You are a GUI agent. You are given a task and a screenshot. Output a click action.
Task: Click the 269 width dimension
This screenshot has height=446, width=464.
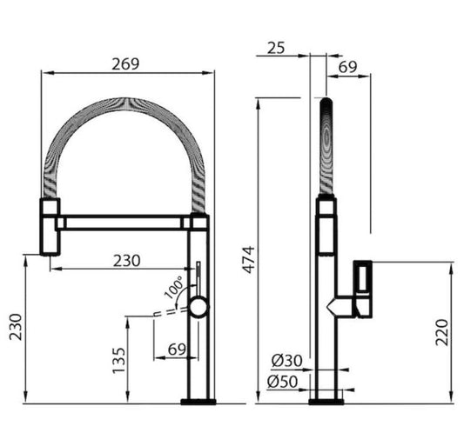(125, 64)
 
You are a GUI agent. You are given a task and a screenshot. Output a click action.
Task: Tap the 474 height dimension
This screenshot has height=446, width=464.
(249, 259)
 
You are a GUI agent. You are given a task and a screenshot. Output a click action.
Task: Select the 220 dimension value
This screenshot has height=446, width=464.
(442, 332)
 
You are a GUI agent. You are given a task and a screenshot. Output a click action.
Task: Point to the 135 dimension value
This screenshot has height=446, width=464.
(118, 360)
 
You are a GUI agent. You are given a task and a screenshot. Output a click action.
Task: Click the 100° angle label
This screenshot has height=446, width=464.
(174, 287)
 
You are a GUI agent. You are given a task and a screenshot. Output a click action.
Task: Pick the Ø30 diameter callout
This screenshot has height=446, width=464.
(286, 360)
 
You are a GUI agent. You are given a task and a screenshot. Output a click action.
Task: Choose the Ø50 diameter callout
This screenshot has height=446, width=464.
(282, 382)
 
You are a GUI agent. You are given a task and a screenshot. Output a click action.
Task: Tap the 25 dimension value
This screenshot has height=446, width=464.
(276, 48)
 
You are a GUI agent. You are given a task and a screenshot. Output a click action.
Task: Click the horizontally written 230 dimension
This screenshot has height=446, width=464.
(127, 261)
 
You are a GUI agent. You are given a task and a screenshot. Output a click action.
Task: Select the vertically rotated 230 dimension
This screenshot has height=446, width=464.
(16, 327)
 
